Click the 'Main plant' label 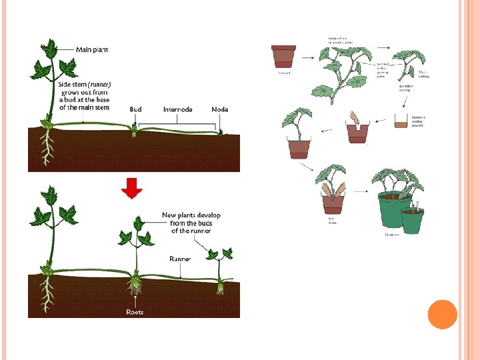(x=92, y=49)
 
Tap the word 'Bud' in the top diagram (x=135, y=109)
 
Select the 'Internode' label (x=178, y=109)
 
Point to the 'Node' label (x=220, y=109)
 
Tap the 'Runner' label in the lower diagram (x=180, y=259)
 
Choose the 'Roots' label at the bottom (x=135, y=312)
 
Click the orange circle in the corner (x=442, y=314)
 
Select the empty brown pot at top (x=283, y=56)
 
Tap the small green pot (x=412, y=220)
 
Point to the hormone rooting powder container (x=401, y=121)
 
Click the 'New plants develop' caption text (x=191, y=215)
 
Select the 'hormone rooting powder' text (x=418, y=121)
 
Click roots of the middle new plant (x=135, y=286)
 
